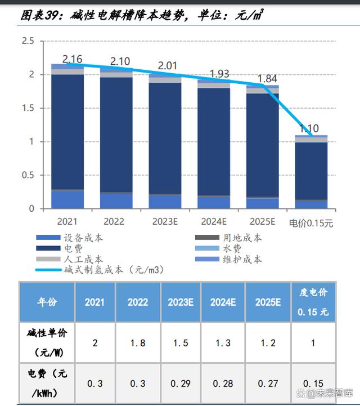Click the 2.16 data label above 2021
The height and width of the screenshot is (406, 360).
(73, 59)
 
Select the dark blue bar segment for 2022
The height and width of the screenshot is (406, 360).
(116, 135)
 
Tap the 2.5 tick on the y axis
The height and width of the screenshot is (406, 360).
(28, 41)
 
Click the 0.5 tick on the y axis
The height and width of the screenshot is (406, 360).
(28, 175)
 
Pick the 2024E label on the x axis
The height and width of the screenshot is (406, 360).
(214, 222)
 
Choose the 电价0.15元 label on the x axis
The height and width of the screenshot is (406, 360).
(311, 223)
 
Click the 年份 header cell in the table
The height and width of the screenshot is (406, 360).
(47, 302)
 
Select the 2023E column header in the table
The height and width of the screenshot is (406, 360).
(181, 302)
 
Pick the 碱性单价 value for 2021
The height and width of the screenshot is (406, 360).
(94, 343)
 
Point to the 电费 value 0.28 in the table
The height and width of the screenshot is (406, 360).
(223, 383)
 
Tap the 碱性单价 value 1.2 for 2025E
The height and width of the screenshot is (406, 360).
(268, 343)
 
